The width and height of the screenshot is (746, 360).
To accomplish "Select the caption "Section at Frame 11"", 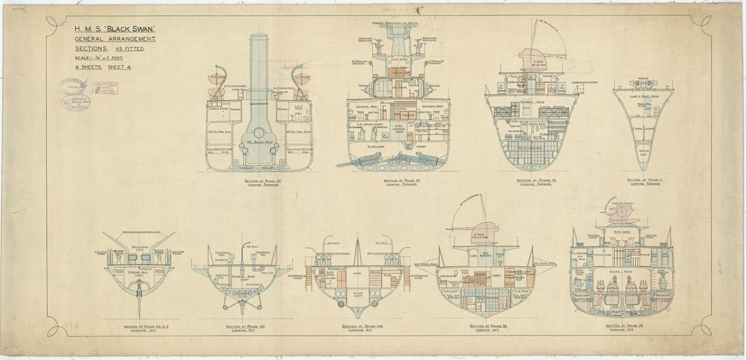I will (x=644, y=180).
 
